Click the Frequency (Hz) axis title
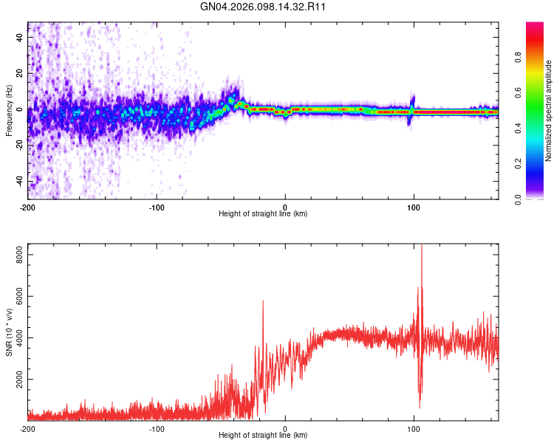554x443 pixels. [x=9, y=111]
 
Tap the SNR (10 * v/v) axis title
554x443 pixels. [x=9, y=332]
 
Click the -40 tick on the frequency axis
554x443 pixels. [x=18, y=182]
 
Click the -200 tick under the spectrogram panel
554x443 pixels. [x=28, y=207]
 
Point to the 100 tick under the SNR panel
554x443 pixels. [x=414, y=429]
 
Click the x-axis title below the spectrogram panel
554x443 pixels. [x=263, y=214]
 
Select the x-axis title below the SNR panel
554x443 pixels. [x=263, y=436]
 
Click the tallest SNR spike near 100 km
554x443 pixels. [x=422, y=247]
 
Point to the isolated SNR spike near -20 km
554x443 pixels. [x=262, y=301]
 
